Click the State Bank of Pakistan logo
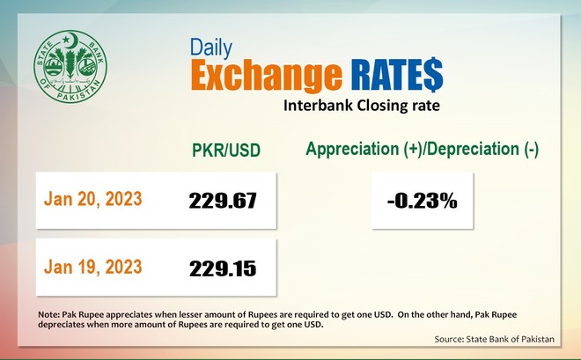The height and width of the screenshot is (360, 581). pos(70,66)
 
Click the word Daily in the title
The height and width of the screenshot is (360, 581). pos(211,48)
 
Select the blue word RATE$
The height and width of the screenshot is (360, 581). pos(397,75)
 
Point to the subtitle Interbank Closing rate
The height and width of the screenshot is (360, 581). pos(362,106)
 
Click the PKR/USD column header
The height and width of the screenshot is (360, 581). pos(226,150)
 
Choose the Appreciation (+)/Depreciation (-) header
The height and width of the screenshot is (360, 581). pos(422,150)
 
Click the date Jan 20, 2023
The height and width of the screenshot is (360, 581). pos(93,199)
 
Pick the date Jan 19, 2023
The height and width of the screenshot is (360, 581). pos(93,267)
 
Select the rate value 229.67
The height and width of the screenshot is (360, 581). pos(223,201)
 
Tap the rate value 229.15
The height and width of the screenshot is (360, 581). pos(223,268)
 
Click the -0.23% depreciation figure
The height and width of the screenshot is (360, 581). pos(422,201)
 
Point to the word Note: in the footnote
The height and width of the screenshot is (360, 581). pos(49,315)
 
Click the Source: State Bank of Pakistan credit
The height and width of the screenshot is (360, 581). pos(495,339)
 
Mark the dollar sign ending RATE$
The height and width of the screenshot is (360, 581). pos(433,75)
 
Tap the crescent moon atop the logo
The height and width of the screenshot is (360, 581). pos(74,40)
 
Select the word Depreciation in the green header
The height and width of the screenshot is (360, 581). pos(475,150)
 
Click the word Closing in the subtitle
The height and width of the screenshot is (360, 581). pos(382,106)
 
